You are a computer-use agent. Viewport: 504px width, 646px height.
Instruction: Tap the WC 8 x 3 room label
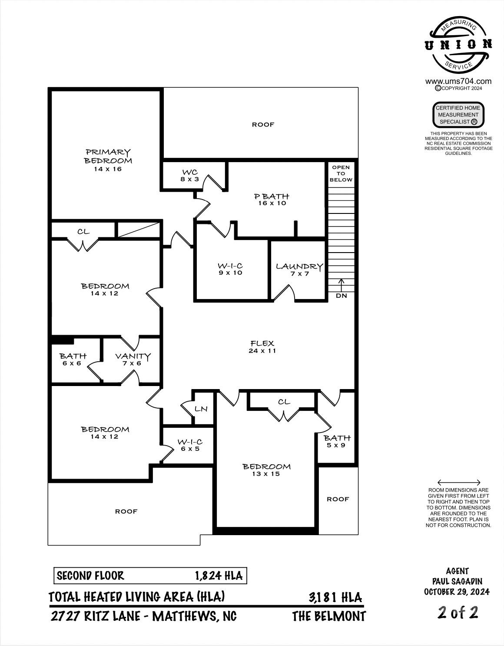tap(190, 176)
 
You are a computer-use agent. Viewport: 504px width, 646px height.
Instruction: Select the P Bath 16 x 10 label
tap(271, 200)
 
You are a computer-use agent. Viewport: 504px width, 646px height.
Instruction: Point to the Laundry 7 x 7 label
tap(299, 270)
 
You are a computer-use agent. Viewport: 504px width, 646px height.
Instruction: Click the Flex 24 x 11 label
tap(262, 347)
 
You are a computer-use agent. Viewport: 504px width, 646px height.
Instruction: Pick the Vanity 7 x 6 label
tap(133, 360)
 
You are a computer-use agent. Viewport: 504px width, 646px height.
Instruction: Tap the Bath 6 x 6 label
tap(73, 360)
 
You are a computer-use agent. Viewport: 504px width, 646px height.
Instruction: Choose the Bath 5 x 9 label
tap(337, 441)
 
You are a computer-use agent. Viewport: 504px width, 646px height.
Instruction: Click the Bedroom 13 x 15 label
tap(266, 470)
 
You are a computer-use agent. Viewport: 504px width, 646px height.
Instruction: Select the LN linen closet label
tap(201, 409)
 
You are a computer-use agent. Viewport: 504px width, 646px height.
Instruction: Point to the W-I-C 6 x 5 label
tap(190, 445)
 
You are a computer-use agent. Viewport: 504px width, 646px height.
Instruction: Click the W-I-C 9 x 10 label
tap(230, 269)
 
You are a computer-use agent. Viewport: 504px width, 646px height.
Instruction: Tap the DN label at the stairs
tap(341, 296)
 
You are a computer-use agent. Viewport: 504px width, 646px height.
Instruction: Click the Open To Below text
tap(341, 173)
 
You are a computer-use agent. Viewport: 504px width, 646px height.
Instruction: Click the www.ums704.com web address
tap(458, 81)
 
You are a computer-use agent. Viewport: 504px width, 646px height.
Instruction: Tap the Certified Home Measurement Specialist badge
tap(458, 115)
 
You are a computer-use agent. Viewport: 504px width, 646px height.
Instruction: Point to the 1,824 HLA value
tap(219, 576)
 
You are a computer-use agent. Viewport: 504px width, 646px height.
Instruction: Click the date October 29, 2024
tap(457, 592)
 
